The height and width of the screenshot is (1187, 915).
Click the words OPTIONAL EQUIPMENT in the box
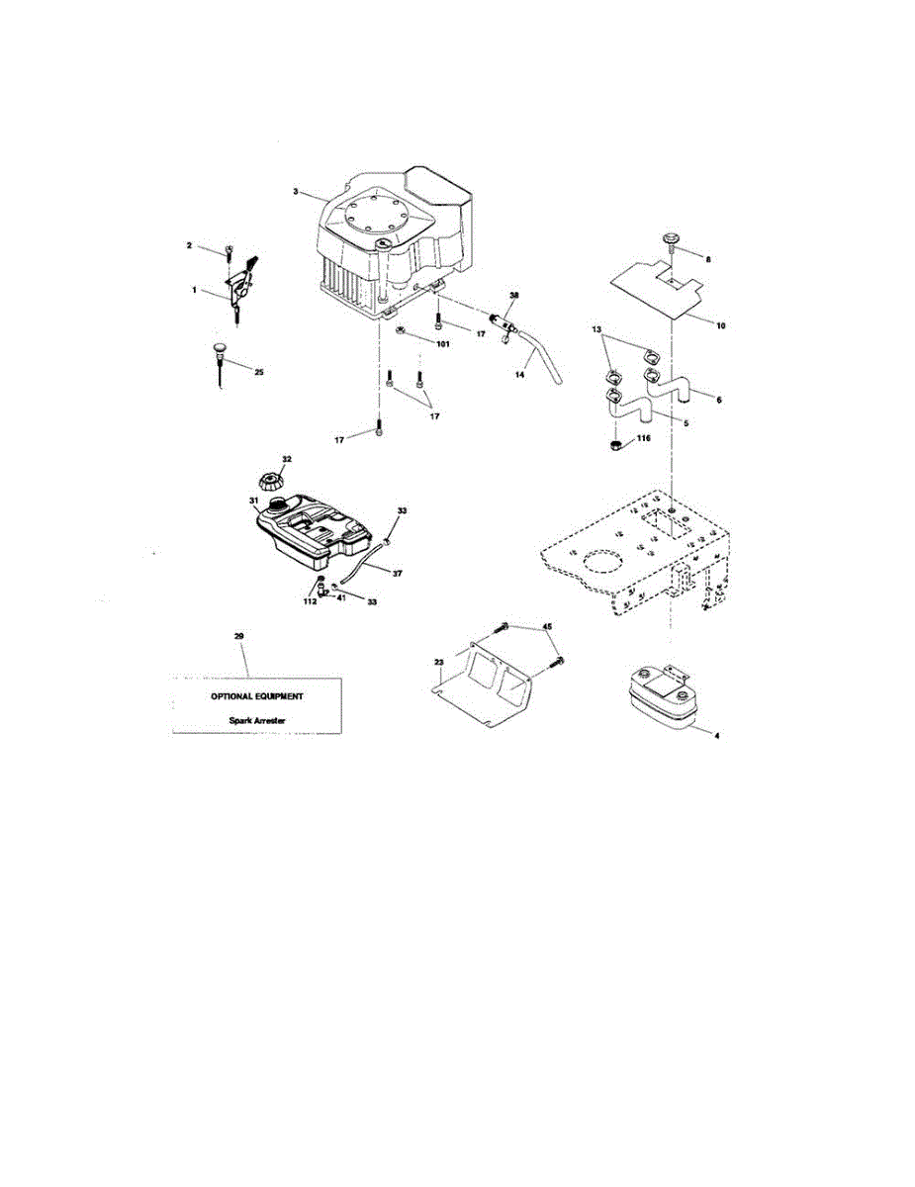257,696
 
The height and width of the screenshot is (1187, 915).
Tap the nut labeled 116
616,446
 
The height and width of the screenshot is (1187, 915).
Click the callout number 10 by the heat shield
721,324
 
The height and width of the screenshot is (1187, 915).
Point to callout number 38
513,296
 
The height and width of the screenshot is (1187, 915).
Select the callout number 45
547,626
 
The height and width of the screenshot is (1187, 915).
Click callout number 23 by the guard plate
437,663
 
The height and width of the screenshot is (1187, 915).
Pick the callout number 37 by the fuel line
397,573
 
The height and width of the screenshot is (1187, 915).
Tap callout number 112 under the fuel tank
310,600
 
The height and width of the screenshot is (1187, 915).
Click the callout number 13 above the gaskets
596,327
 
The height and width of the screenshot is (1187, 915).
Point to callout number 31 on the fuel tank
253,502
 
